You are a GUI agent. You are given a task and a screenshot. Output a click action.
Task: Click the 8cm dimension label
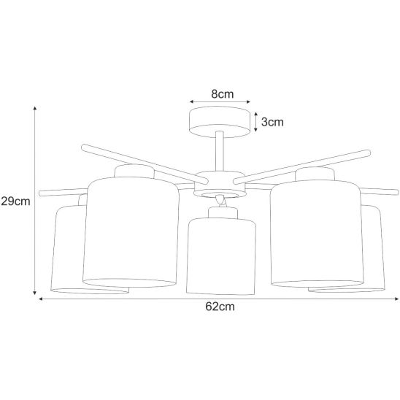(222, 94)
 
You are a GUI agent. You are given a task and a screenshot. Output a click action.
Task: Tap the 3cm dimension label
(272, 122)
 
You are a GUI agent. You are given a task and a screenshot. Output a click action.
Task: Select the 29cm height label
(15, 201)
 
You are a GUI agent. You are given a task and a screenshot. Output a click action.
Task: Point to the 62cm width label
(220, 307)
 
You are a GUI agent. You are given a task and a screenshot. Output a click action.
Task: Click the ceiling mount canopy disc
(220, 122)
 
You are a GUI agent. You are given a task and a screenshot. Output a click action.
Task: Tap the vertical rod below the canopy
(220, 151)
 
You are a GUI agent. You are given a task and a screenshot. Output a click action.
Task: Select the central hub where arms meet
(220, 185)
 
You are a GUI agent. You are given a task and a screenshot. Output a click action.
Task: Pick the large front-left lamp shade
(131, 232)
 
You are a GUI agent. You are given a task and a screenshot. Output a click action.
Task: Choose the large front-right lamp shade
(316, 234)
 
